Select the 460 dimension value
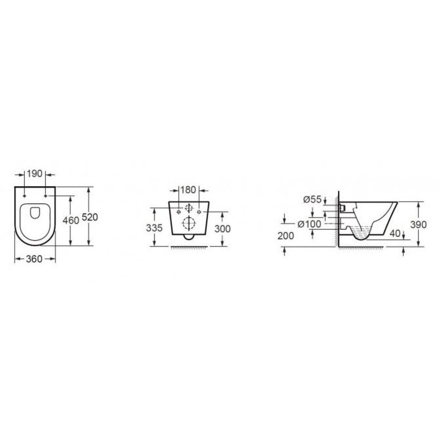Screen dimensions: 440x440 coord(71,220)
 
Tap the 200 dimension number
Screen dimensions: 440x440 coord(286,236)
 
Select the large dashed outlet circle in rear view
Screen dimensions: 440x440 coord(187,223)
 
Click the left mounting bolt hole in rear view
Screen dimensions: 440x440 coord(176,212)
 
